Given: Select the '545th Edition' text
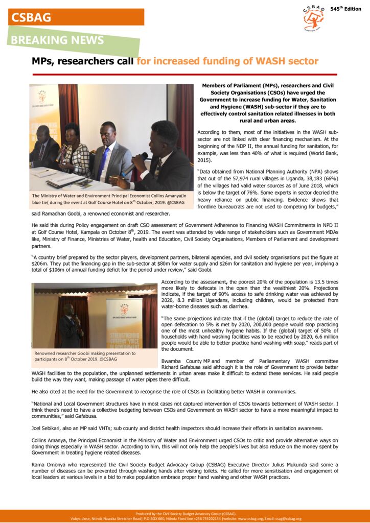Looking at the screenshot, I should pyautogui.click(x=345, y=9).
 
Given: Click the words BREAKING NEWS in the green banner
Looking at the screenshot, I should pyautogui.click(x=57, y=40).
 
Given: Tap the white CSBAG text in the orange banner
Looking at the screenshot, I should pyautogui.click(x=31, y=17).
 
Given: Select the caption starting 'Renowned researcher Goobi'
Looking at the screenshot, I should pyautogui.click(x=84, y=356).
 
